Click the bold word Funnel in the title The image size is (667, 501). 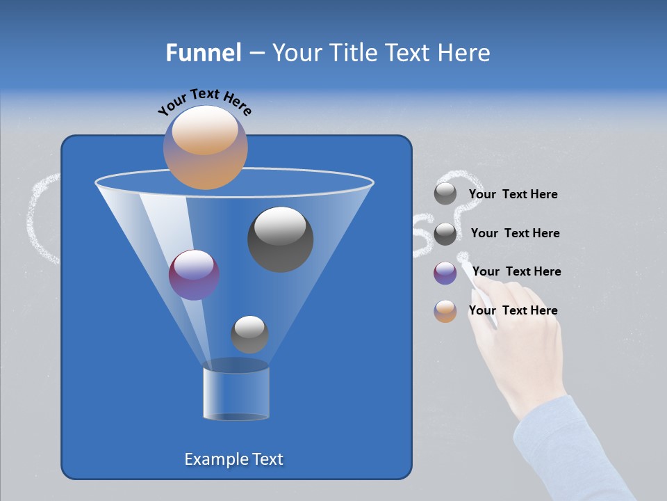point(203,53)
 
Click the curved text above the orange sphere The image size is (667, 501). point(204,101)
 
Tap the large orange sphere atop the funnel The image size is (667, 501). point(205,148)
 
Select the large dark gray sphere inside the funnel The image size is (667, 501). point(281,239)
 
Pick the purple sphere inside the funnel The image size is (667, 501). point(194,275)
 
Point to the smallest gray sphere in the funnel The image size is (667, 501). point(249,334)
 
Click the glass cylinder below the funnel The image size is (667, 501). point(236,393)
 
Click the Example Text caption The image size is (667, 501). point(233,459)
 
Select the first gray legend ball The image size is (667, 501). point(445,194)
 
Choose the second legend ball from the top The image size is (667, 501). point(445,234)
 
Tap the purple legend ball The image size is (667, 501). point(445,273)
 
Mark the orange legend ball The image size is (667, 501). point(445,311)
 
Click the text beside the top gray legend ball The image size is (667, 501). point(513,195)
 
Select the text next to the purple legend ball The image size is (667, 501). point(516,271)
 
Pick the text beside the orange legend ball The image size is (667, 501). point(513,310)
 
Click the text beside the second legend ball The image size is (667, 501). point(515,233)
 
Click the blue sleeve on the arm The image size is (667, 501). point(570,452)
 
